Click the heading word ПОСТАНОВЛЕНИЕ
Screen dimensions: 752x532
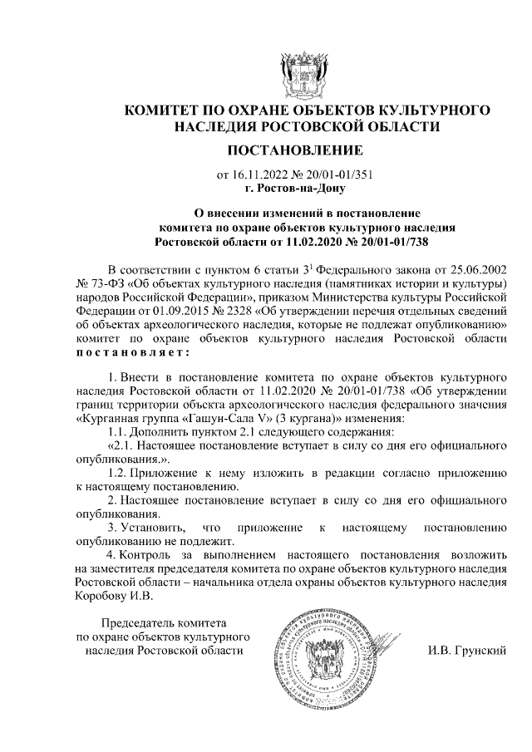tap(295, 150)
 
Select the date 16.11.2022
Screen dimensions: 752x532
tap(255, 175)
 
